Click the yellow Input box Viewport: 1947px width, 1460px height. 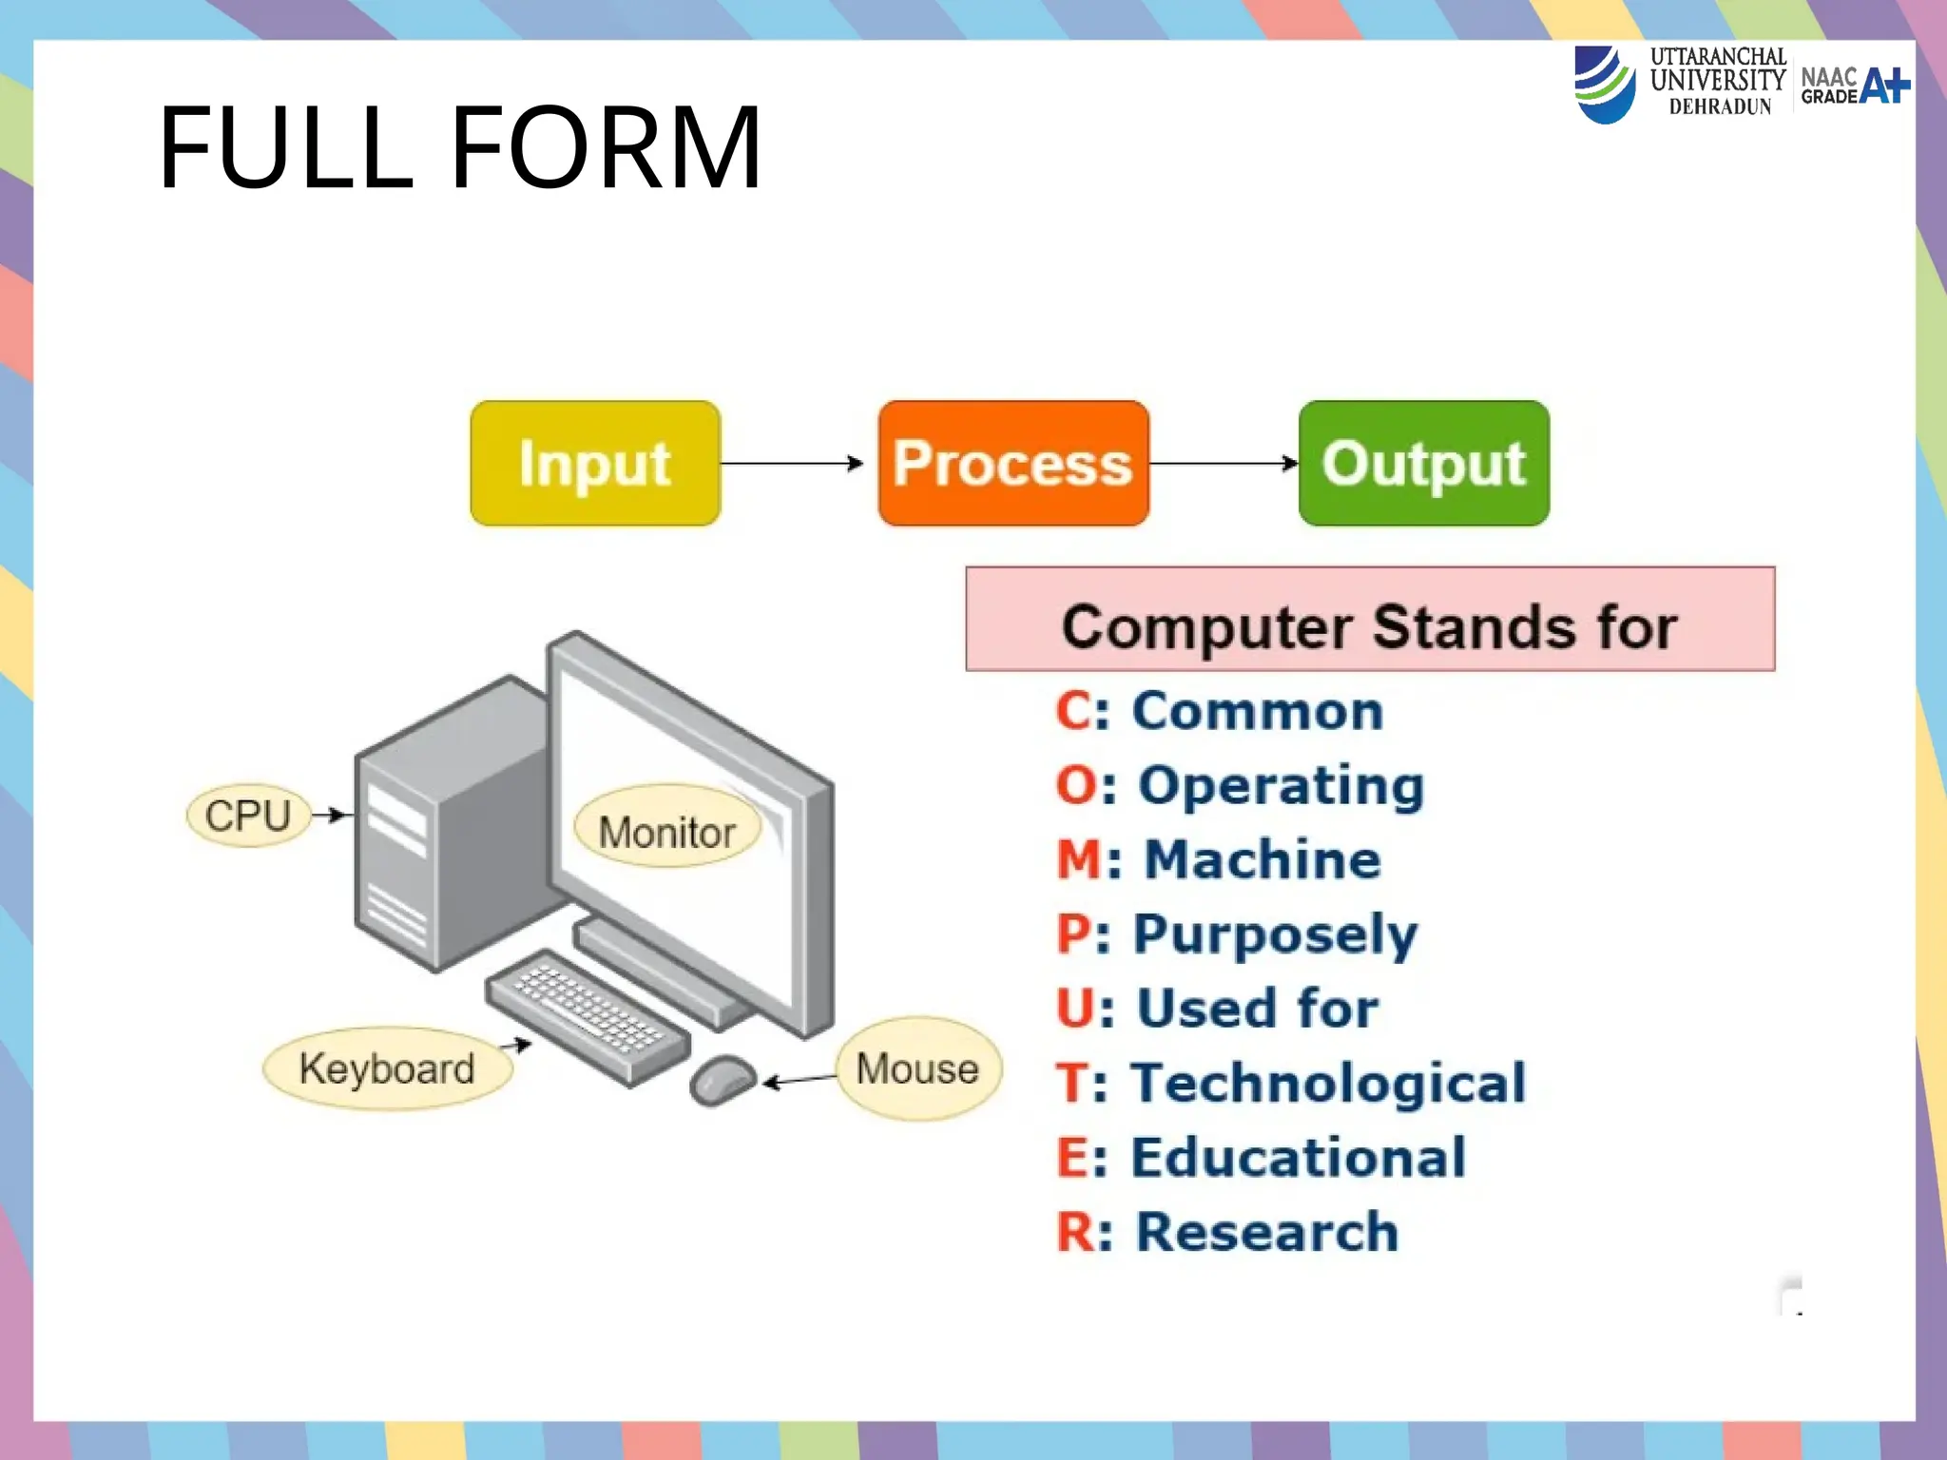(595, 463)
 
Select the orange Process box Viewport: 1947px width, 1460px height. (1013, 463)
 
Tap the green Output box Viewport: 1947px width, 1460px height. (1423, 463)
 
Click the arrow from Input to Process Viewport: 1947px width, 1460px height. (791, 463)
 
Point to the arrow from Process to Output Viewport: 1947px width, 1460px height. (1224, 463)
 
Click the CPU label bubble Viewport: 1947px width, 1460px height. (248, 816)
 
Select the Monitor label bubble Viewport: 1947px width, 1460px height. (666, 830)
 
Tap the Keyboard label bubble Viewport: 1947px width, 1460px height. (387, 1068)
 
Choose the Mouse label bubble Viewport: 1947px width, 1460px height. (917, 1068)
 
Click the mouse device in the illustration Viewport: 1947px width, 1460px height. (723, 1080)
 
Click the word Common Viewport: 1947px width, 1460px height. (1257, 711)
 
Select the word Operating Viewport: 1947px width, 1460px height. (1282, 785)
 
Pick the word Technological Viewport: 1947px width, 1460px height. (1329, 1083)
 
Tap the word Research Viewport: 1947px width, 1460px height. (1267, 1231)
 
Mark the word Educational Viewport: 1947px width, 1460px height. (1299, 1157)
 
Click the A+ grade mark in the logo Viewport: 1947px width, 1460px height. (1884, 86)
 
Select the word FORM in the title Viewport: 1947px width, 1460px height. (607, 147)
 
